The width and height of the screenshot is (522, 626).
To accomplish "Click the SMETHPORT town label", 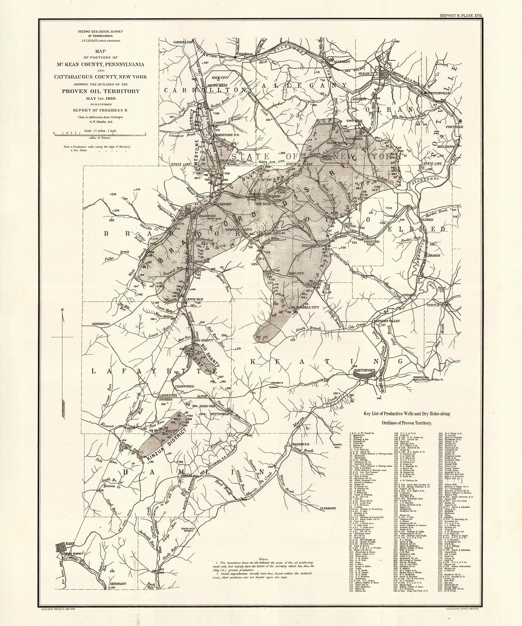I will (x=363, y=370).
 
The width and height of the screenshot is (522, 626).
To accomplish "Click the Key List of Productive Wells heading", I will (x=407, y=414).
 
